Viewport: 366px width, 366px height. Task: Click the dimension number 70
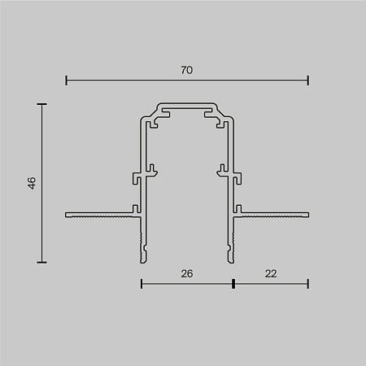point(187,70)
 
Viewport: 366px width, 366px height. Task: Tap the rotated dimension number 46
point(31,183)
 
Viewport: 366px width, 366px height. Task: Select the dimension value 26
point(187,273)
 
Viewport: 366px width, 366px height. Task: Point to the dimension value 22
point(271,273)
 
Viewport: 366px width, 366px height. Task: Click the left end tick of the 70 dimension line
point(66,80)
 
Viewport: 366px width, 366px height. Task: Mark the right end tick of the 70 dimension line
point(308,80)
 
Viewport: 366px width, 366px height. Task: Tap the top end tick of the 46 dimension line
point(41,104)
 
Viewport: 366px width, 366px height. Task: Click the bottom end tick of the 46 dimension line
point(41,262)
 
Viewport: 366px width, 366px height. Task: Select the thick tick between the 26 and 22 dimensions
point(233,284)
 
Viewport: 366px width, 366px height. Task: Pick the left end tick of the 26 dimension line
point(142,284)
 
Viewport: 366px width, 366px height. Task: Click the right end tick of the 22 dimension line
point(308,284)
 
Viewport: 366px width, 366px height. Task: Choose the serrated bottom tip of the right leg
point(229,248)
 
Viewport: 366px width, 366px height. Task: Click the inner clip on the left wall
point(150,171)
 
